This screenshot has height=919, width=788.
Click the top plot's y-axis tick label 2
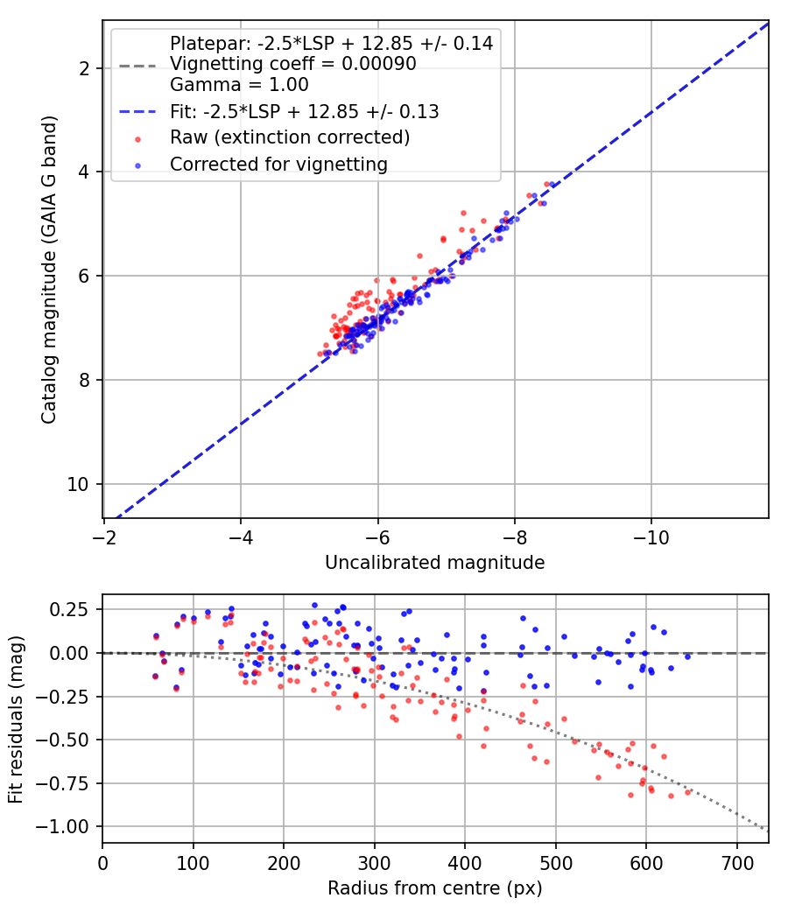(x=84, y=68)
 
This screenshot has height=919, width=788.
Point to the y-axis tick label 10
(x=78, y=485)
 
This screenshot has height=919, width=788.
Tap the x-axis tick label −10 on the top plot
(x=651, y=537)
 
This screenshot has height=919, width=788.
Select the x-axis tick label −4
(x=241, y=537)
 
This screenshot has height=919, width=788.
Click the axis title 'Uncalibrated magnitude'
(x=435, y=563)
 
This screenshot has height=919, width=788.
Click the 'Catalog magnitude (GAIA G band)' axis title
(x=49, y=270)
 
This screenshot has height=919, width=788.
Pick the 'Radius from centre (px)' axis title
(x=435, y=888)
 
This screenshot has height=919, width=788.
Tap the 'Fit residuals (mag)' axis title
(x=16, y=719)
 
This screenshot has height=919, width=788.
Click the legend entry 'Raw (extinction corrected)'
(x=290, y=137)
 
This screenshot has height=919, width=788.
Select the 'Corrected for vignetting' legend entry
(x=279, y=165)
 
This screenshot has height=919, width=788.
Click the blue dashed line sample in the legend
(x=137, y=111)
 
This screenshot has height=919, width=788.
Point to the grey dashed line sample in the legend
(x=137, y=66)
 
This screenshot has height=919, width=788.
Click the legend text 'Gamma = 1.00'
(x=239, y=85)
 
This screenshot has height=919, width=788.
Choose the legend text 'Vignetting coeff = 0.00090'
(x=293, y=64)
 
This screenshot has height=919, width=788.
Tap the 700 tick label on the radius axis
(x=736, y=863)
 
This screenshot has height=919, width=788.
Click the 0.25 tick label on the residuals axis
(x=70, y=610)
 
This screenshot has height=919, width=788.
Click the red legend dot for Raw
(x=137, y=139)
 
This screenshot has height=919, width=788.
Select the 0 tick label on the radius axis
(x=102, y=863)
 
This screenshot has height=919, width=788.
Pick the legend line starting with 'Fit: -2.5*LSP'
(x=305, y=111)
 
